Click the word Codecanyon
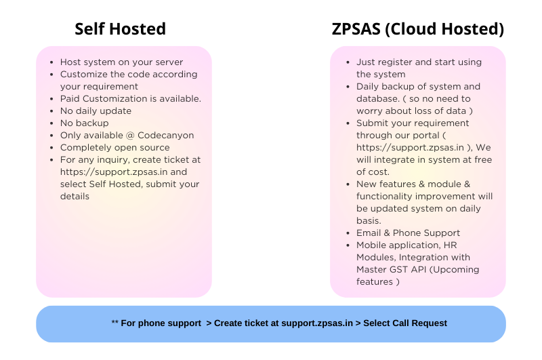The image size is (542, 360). (167, 135)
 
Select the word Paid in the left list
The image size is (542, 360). (70, 98)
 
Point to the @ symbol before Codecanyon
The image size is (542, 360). (133, 135)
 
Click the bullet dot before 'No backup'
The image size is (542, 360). (53, 123)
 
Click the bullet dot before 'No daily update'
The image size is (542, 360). (53, 111)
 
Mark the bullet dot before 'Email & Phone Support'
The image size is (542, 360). (349, 233)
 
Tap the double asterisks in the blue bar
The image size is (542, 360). (114, 323)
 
